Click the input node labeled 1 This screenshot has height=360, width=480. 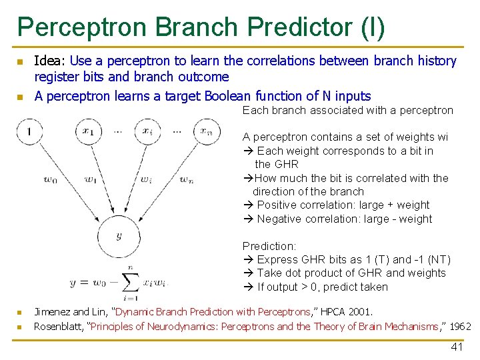coord(30,131)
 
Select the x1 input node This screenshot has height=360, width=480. coord(89,131)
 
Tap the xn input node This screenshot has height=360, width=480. coord(207,131)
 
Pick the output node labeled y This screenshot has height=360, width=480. coord(119,236)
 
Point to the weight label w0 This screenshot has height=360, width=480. coord(51,179)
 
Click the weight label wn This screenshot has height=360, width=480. coord(187,179)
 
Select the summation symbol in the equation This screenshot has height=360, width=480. coord(131,283)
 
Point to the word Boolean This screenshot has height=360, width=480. coord(227,96)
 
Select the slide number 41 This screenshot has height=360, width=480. coord(457,347)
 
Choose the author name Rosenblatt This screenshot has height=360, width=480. coord(58,327)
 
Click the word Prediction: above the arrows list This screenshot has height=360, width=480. coord(269,246)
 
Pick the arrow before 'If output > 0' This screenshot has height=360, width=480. coord(249,287)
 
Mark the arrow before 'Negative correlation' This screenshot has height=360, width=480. coord(249,219)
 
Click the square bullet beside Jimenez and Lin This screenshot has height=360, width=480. coord(20,313)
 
